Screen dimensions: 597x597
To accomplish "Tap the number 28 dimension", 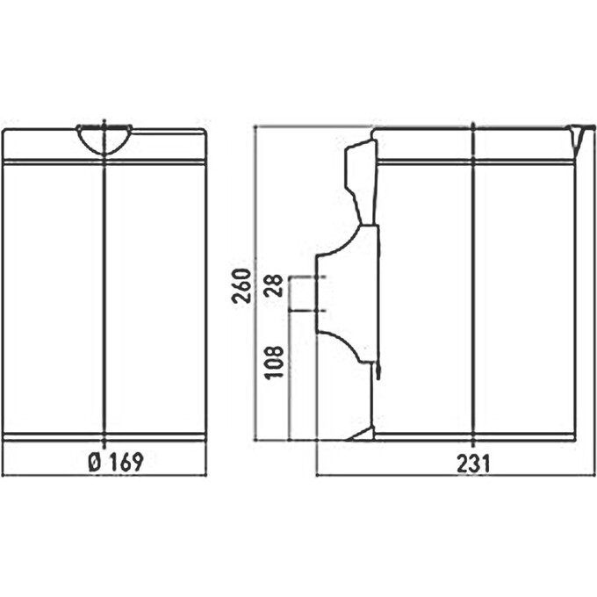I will tap(275, 286).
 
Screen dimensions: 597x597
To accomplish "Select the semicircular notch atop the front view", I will tap(104, 137).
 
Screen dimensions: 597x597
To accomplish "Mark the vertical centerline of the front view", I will tap(104, 298).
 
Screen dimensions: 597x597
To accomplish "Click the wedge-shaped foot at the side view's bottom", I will tap(362, 433).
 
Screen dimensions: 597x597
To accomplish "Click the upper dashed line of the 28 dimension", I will tap(307, 277).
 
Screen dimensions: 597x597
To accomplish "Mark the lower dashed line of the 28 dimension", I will tap(307, 310).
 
